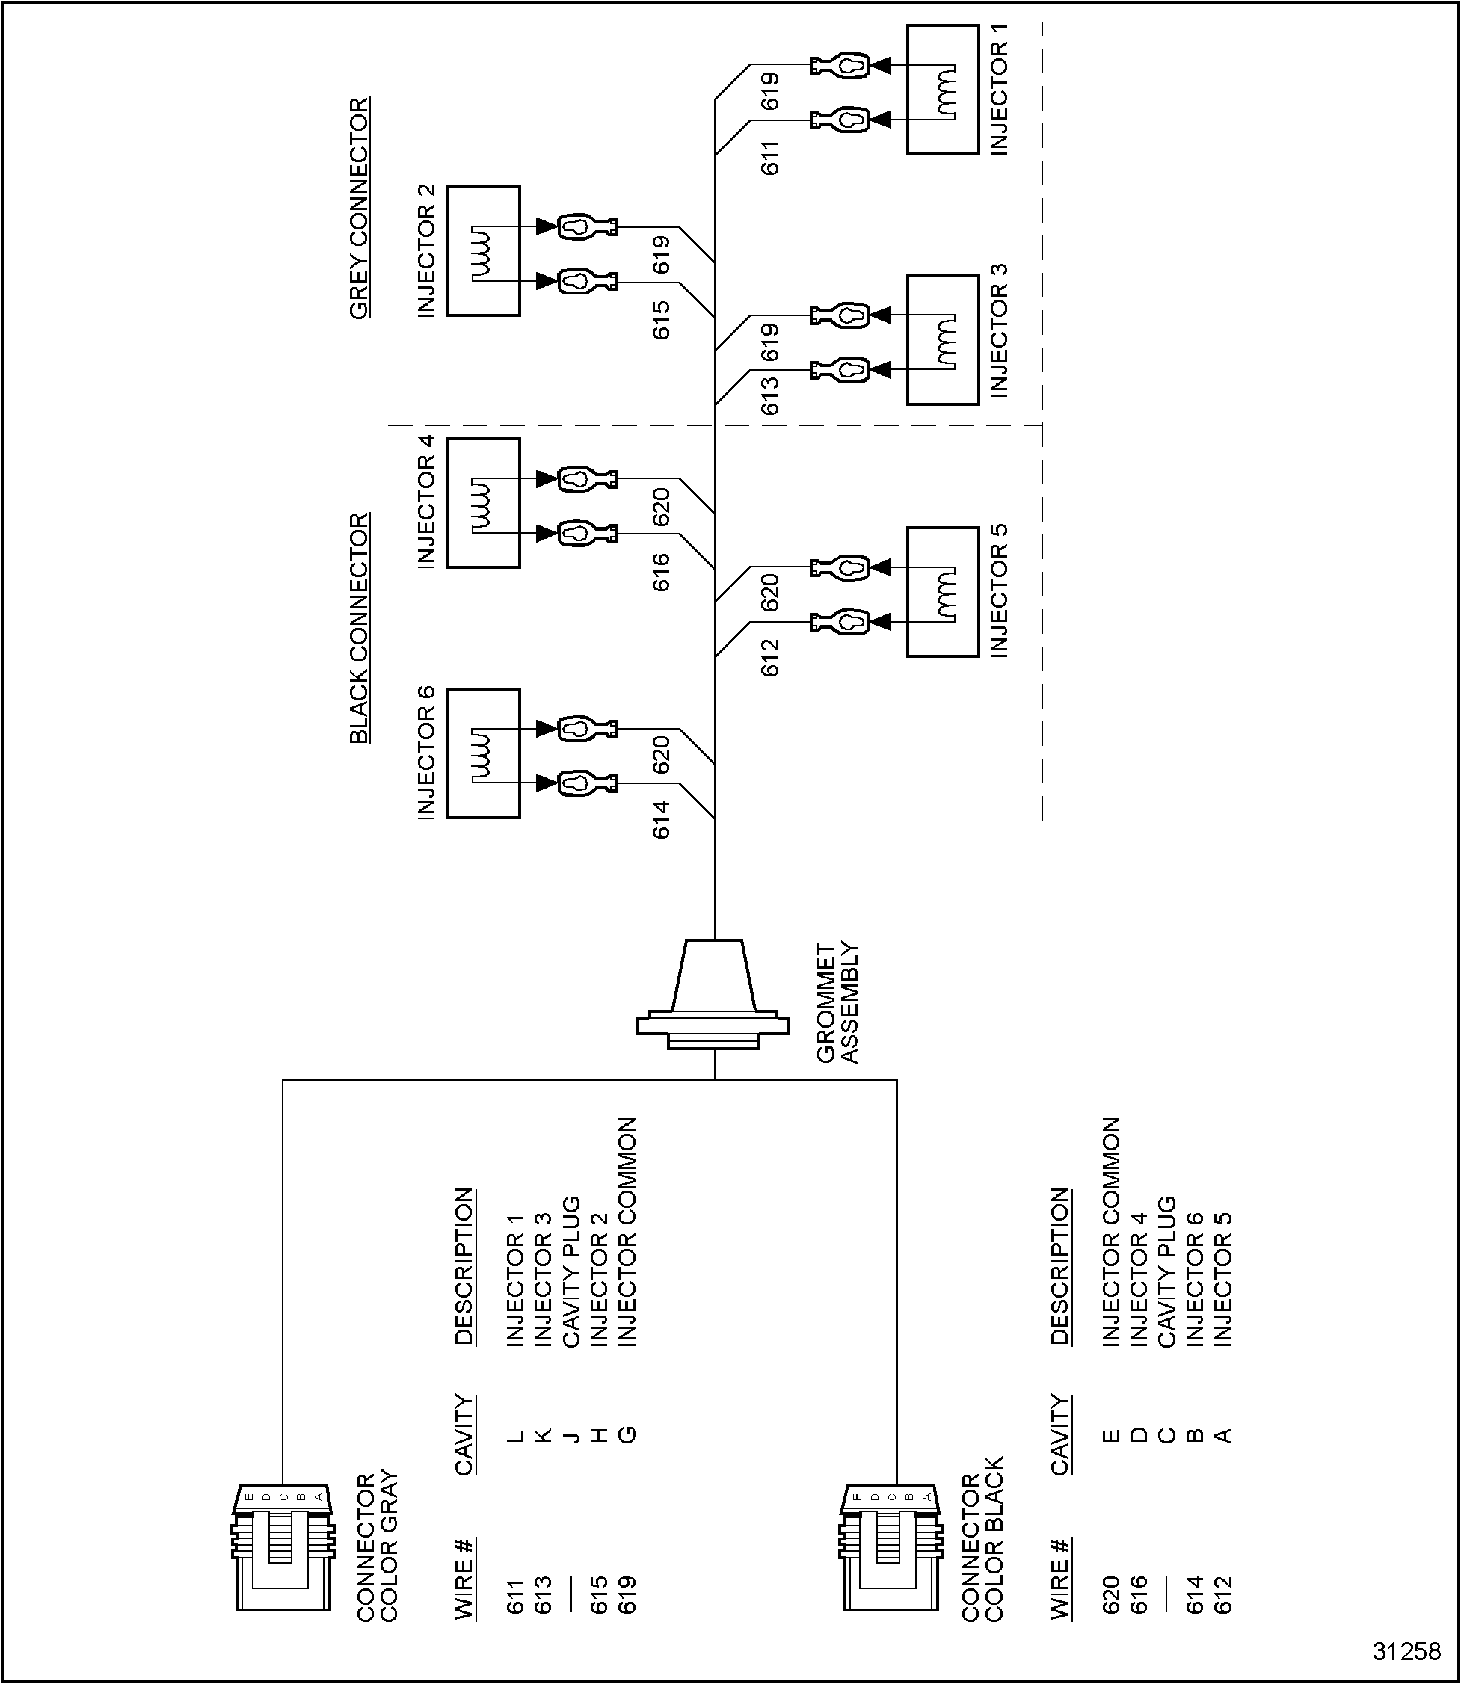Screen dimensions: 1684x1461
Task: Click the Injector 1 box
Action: pos(943,90)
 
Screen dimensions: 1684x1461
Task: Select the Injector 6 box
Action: pos(484,753)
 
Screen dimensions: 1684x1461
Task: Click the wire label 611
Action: pos(770,157)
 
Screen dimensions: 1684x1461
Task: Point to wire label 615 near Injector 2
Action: pos(661,321)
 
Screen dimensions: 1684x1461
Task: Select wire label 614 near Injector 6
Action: pos(661,819)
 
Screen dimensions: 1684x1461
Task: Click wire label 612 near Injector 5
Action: pos(770,657)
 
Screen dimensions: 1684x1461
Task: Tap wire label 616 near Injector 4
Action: pos(661,571)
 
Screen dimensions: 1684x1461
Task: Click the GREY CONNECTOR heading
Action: pos(360,209)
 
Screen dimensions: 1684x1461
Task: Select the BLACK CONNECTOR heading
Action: pos(360,629)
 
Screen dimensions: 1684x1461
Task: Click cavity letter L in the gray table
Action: pos(515,1435)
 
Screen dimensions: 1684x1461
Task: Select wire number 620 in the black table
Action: pos(1111,1594)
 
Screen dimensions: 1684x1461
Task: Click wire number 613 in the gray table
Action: pos(543,1594)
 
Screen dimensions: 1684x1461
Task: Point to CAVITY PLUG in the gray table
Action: pos(570,1271)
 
